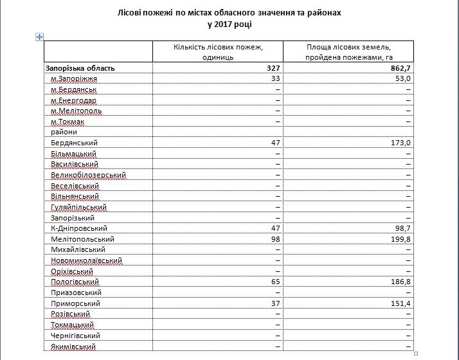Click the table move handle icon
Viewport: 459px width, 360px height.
pyautogui.click(x=39, y=37)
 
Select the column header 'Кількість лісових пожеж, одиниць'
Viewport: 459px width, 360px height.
pyautogui.click(x=219, y=52)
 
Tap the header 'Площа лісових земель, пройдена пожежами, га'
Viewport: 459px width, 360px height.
pyautogui.click(x=349, y=52)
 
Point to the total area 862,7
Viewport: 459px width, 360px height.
pyautogui.click(x=399, y=67)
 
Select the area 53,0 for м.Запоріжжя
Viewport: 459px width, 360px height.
pyautogui.click(x=403, y=78)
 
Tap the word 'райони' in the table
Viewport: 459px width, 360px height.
pyautogui.click(x=64, y=132)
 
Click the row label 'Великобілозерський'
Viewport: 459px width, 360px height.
pyautogui.click(x=88, y=175)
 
